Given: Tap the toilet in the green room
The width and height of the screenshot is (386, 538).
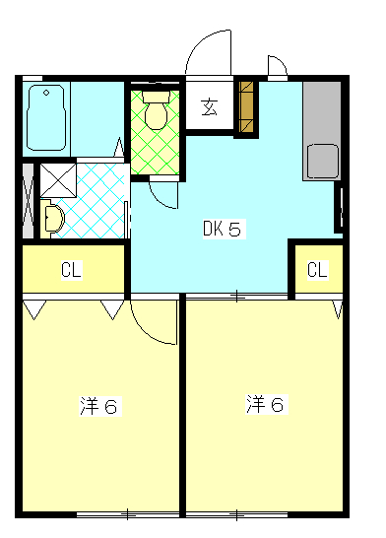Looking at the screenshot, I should [x=156, y=111].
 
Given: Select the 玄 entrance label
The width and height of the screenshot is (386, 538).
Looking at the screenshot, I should [x=210, y=107].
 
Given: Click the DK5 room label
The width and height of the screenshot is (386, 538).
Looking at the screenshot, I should [x=223, y=230].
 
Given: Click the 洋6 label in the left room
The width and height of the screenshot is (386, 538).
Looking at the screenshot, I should [x=98, y=406].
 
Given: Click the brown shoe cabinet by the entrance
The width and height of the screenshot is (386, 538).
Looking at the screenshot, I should [x=246, y=106].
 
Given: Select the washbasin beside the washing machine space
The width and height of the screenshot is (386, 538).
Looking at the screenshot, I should [x=52, y=218].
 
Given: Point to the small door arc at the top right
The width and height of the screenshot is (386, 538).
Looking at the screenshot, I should [x=276, y=65].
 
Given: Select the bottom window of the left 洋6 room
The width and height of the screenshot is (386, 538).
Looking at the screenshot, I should [x=128, y=513].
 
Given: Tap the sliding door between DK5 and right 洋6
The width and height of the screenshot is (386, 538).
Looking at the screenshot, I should [x=236, y=296].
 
